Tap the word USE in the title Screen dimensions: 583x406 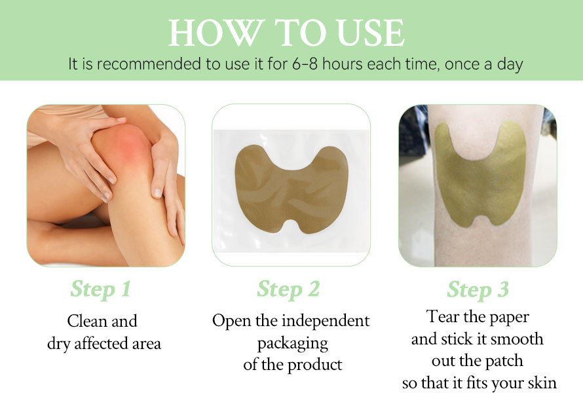point(370,33)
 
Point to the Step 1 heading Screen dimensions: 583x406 point(101,289)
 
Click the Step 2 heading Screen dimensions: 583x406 point(288,289)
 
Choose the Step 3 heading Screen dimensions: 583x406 point(478,289)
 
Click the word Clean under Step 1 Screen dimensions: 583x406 point(86,321)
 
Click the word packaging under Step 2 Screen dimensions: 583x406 point(293,344)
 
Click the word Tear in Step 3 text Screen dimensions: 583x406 point(442,316)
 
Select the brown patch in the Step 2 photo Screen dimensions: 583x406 point(291,189)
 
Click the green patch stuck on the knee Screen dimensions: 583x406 point(480,174)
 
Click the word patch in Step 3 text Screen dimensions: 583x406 point(505,361)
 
